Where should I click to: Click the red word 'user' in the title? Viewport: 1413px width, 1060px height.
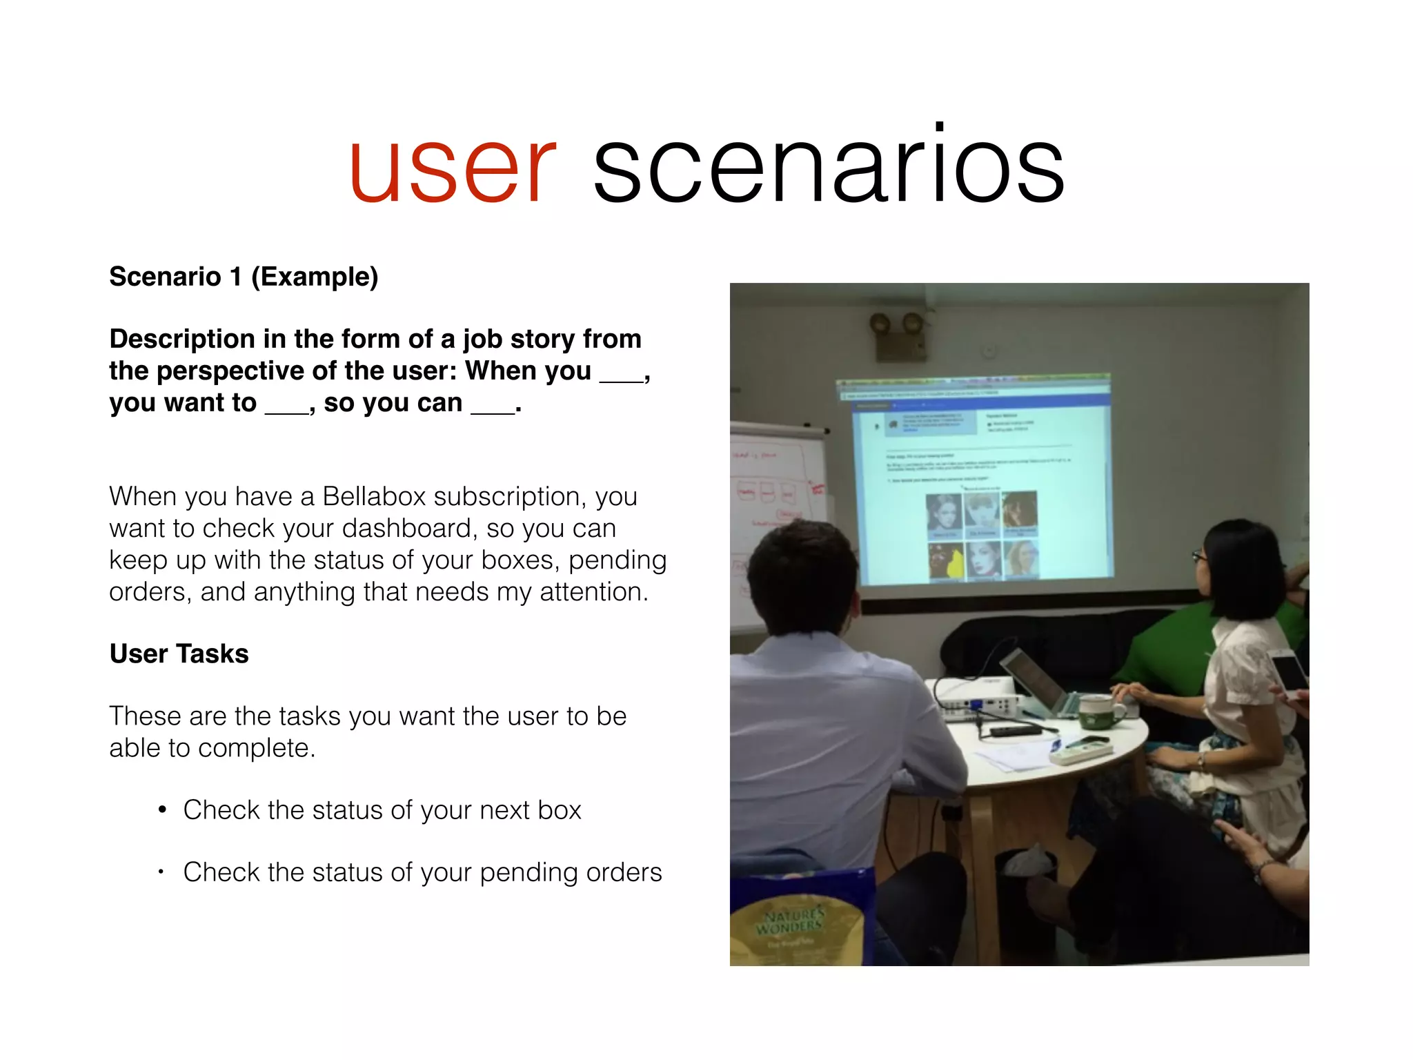[452, 169]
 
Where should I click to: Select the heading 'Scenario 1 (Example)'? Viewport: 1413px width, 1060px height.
[244, 277]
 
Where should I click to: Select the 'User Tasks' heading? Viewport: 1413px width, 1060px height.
[179, 654]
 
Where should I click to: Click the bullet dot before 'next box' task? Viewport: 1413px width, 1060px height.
[162, 809]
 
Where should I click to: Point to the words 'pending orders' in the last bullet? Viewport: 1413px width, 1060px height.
[571, 872]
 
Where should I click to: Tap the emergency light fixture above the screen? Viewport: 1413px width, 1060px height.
[897, 335]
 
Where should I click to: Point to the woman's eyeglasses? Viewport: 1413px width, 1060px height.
[1200, 556]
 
